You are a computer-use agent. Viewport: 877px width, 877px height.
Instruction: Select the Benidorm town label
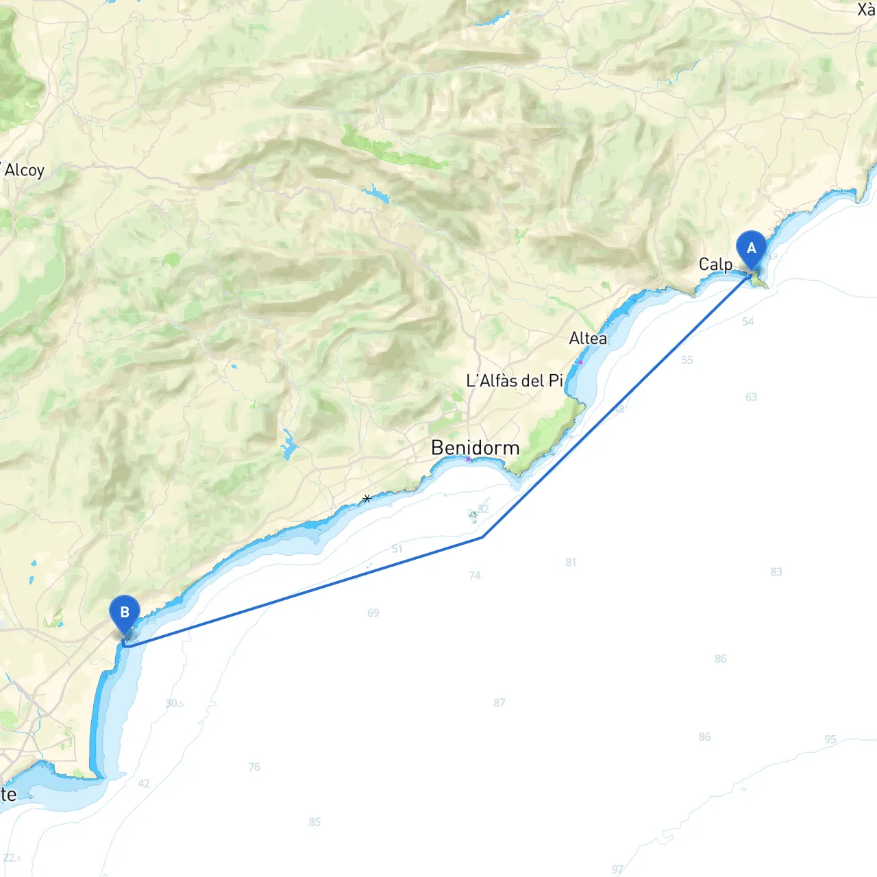click(475, 448)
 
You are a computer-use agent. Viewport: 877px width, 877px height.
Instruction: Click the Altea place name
click(588, 338)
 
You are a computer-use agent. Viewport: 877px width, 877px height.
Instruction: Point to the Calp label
click(715, 264)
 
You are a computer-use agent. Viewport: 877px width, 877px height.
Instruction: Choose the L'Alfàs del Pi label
click(514, 381)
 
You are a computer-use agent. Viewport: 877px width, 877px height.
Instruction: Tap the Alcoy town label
click(24, 170)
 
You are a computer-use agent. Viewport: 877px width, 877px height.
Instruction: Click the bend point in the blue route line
click(482, 537)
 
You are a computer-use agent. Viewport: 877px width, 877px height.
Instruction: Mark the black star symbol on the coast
click(367, 499)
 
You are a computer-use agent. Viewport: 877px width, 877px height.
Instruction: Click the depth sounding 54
click(748, 321)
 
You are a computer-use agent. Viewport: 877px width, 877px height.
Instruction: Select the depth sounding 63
click(751, 397)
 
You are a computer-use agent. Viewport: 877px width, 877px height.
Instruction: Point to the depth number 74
click(475, 576)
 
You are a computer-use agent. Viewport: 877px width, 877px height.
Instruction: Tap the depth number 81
click(571, 563)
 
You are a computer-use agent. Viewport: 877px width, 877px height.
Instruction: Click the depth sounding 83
click(776, 571)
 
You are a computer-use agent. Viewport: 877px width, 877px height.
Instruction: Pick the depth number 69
click(373, 613)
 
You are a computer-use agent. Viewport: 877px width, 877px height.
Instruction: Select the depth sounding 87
click(499, 703)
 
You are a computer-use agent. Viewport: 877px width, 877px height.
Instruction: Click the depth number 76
click(254, 767)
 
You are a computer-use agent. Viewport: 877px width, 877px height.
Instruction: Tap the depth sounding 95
click(830, 739)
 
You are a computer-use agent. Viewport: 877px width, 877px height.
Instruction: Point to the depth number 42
click(144, 783)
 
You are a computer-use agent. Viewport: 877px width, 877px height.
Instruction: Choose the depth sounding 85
click(314, 822)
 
